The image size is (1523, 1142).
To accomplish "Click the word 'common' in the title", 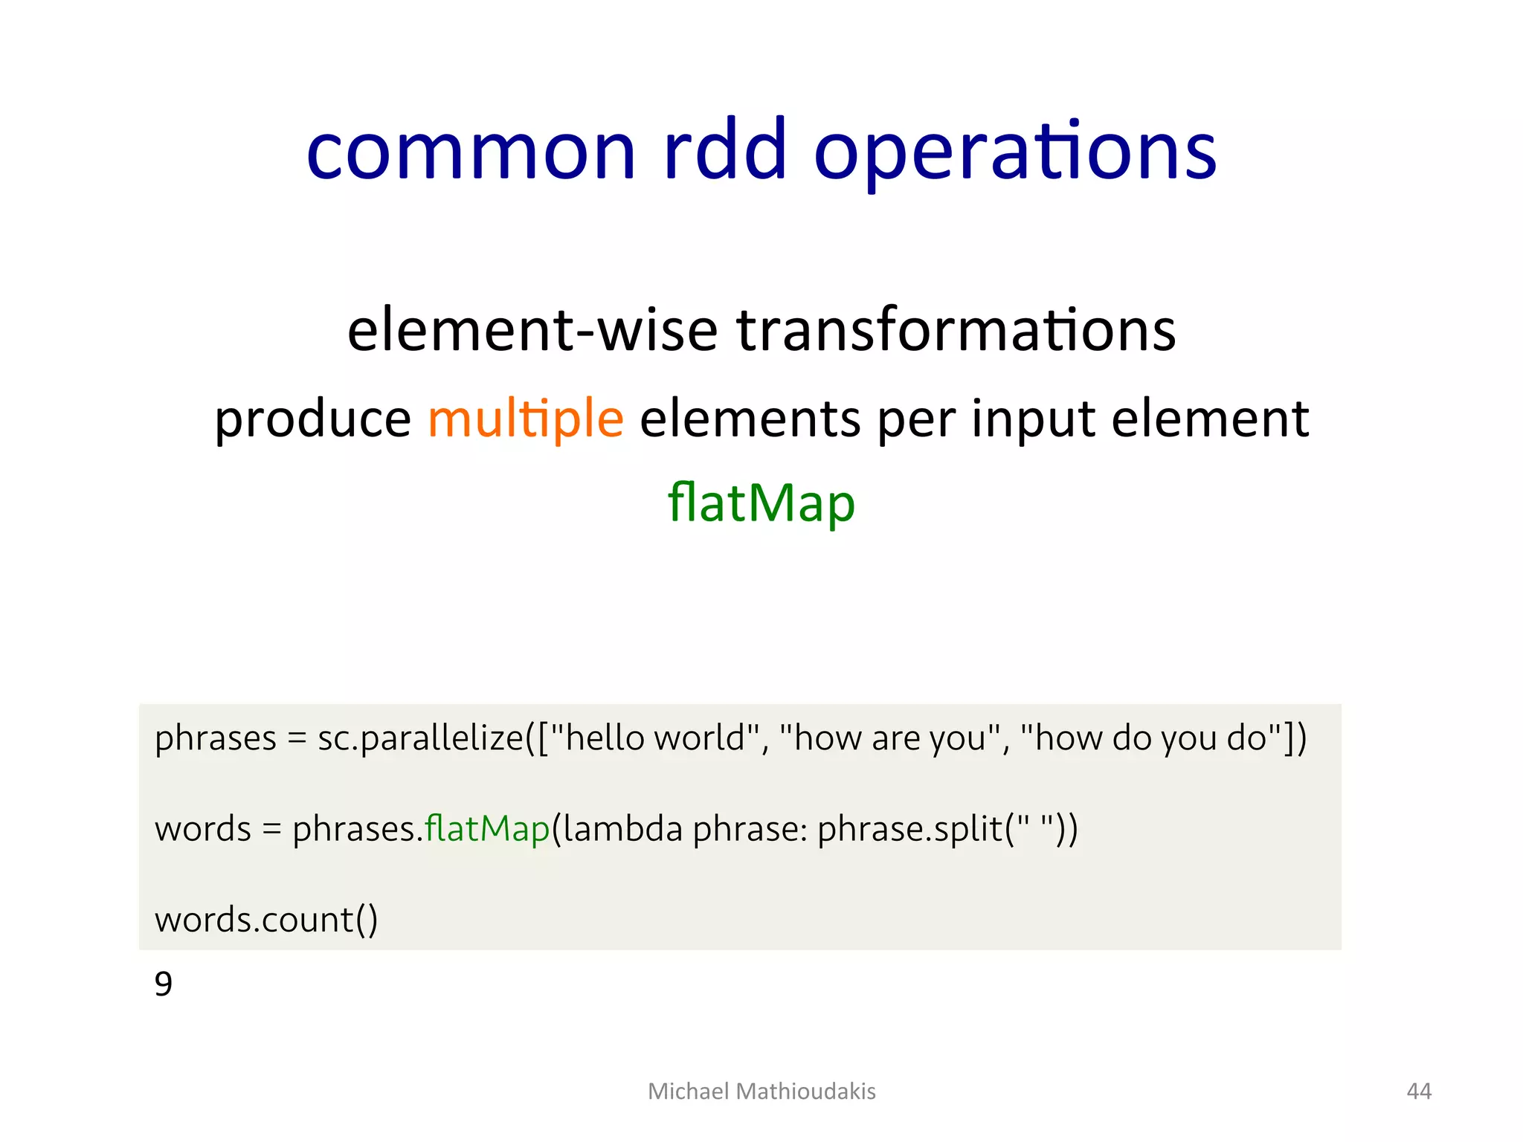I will click(x=471, y=152).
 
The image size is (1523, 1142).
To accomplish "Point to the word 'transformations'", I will click(x=956, y=330).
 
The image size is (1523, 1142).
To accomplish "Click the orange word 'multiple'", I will click(x=525, y=419).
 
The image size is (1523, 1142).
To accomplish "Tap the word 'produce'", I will click(x=312, y=419).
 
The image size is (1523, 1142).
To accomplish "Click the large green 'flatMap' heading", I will click(x=761, y=504).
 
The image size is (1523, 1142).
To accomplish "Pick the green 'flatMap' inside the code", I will click(x=487, y=829).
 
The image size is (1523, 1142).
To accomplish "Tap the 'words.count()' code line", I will click(x=266, y=920).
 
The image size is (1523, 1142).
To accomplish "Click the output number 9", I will click(x=164, y=984).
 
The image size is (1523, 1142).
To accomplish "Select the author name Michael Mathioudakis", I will click(x=761, y=1091).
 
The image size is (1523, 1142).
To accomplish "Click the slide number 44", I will click(x=1419, y=1091).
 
